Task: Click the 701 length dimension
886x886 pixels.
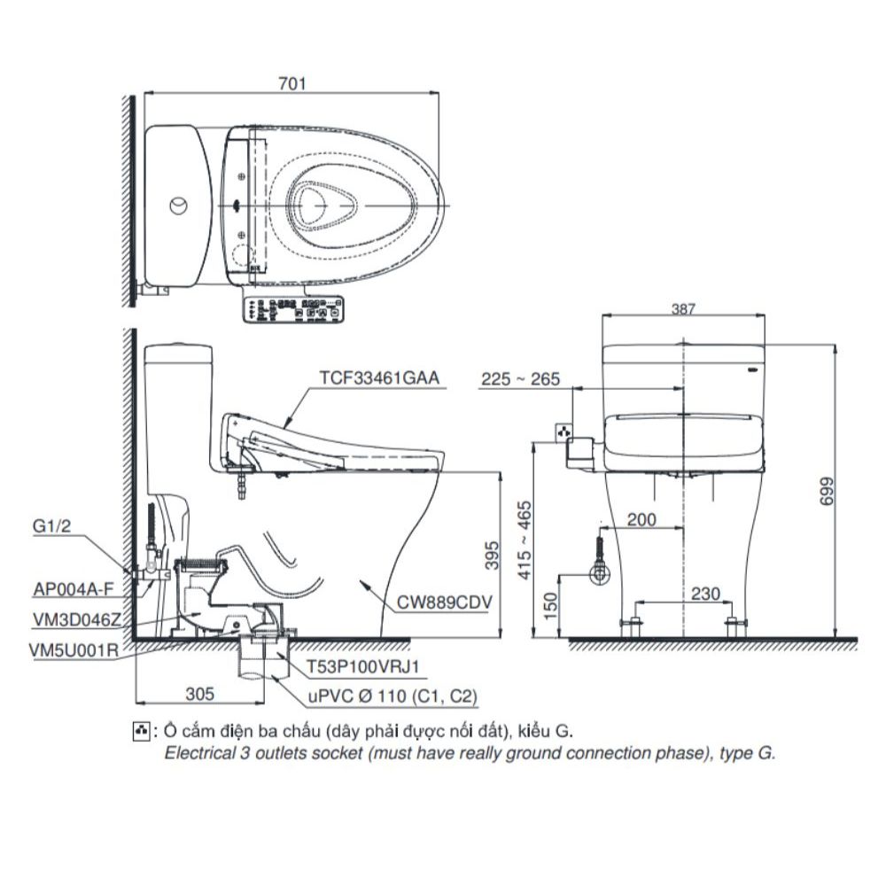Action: pyautogui.click(x=291, y=84)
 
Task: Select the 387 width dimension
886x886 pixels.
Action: pyautogui.click(x=682, y=309)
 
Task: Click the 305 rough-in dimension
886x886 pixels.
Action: pyautogui.click(x=201, y=695)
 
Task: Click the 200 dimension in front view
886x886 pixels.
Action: pyautogui.click(x=641, y=520)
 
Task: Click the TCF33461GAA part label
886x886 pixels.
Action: pyautogui.click(x=378, y=378)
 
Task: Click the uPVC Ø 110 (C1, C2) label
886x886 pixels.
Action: pyautogui.click(x=392, y=697)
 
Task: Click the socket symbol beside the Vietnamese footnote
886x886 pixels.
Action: pyautogui.click(x=139, y=731)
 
